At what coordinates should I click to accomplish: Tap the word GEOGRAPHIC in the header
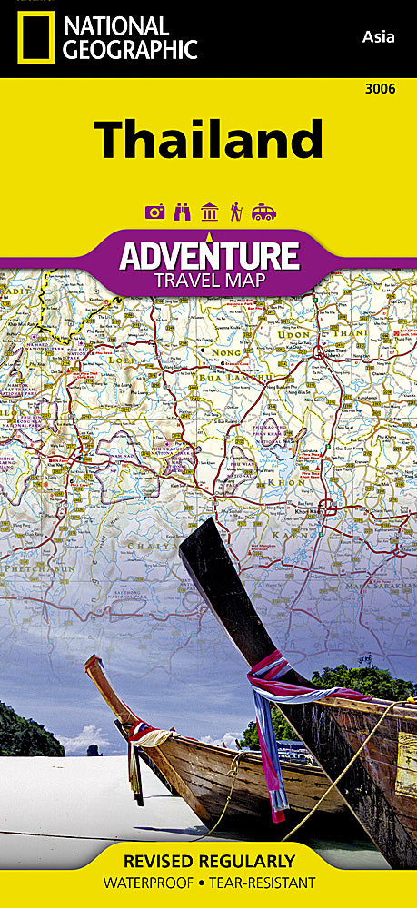pos(127,50)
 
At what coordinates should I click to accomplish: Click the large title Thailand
pos(208,139)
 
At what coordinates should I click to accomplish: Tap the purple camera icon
pos(155,212)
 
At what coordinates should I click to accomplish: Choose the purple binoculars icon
pos(182,212)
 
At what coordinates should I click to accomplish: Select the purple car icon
pos(263,212)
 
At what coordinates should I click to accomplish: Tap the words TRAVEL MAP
pos(209,280)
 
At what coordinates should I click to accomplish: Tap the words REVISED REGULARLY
pos(208,860)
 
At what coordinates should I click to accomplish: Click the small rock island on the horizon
pos(92,749)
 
